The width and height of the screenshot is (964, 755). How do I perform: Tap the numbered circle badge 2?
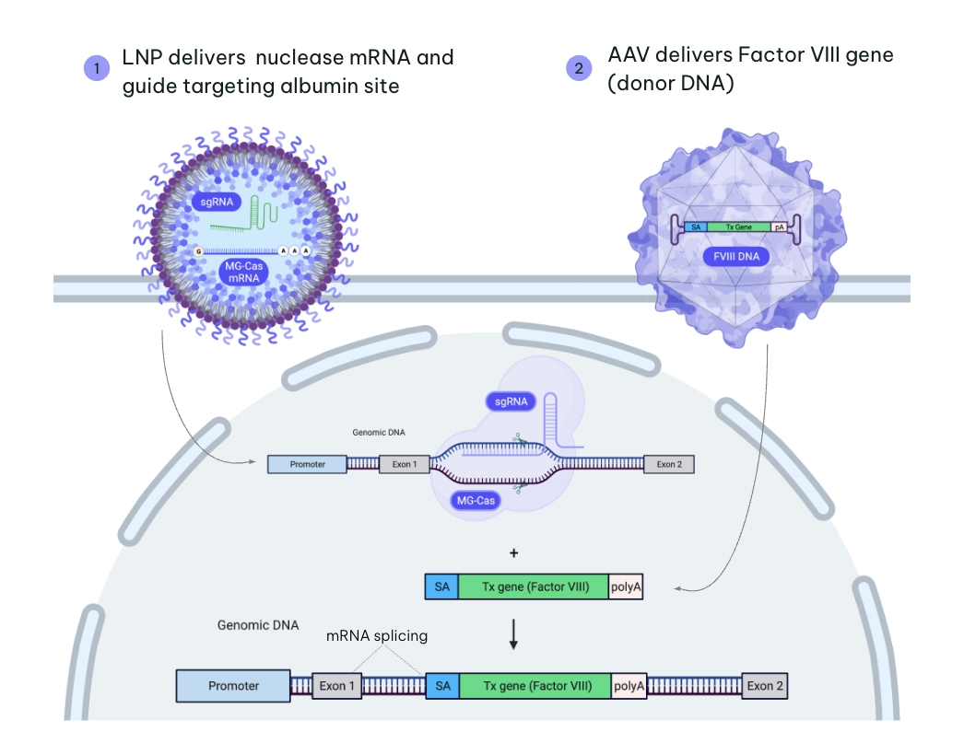[x=579, y=68]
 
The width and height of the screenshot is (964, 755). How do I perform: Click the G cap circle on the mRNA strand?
[x=197, y=251]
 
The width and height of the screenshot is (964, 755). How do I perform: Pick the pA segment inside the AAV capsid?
[x=780, y=226]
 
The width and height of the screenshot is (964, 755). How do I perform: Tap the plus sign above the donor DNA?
[x=513, y=553]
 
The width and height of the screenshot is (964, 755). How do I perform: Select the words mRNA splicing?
[x=378, y=635]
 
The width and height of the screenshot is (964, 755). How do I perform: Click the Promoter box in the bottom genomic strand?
[x=233, y=686]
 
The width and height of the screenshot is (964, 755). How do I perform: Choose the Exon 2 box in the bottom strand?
[x=764, y=686]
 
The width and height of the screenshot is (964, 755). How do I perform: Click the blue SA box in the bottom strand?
[x=442, y=686]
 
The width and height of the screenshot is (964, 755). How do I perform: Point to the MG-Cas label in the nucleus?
[x=475, y=501]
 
